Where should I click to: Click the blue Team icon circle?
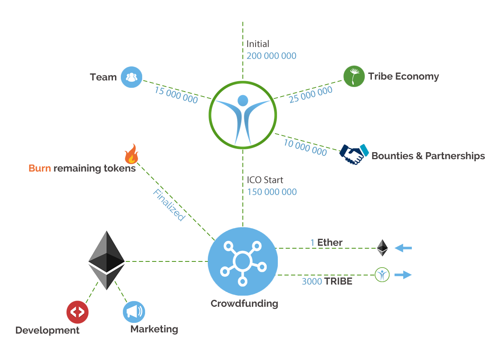132,77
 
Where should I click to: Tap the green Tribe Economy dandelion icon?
354,76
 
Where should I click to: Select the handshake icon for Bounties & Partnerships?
354,154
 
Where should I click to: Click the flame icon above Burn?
132,154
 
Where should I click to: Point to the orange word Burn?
40,168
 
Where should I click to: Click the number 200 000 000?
271,56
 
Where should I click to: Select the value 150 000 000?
272,192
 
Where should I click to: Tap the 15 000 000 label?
176,95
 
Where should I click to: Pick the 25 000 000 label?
310,94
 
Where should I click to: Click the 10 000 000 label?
305,148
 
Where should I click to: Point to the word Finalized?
169,205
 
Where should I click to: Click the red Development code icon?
78,312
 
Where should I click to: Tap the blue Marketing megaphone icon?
134,312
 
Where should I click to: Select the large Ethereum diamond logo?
106,260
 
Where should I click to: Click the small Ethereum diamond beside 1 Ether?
383,248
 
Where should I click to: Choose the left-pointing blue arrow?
403,248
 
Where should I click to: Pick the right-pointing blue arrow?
403,275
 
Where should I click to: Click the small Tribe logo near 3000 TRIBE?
382,275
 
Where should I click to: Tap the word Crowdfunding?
244,304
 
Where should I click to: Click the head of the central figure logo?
243,101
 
